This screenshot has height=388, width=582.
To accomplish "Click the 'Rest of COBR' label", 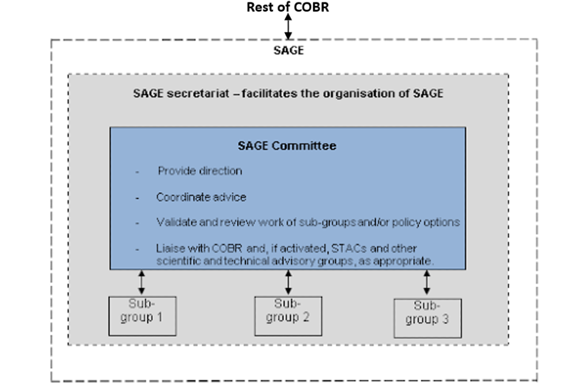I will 288,8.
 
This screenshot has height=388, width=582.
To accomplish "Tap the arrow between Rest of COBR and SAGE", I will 289,27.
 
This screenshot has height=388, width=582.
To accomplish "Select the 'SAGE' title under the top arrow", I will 289,50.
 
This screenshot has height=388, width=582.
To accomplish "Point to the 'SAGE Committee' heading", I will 287,146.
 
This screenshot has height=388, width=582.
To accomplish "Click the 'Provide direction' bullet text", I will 200,171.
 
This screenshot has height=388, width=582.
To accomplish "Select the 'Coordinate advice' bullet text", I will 201,197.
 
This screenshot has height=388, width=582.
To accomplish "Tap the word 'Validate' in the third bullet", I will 176,222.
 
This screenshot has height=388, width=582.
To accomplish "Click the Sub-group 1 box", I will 142,316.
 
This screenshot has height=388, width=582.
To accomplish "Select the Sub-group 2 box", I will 288,316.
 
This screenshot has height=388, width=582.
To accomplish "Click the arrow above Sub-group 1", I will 142,283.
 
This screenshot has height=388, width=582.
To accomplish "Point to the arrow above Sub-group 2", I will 289,283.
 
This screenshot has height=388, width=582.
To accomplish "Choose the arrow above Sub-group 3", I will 427,283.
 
